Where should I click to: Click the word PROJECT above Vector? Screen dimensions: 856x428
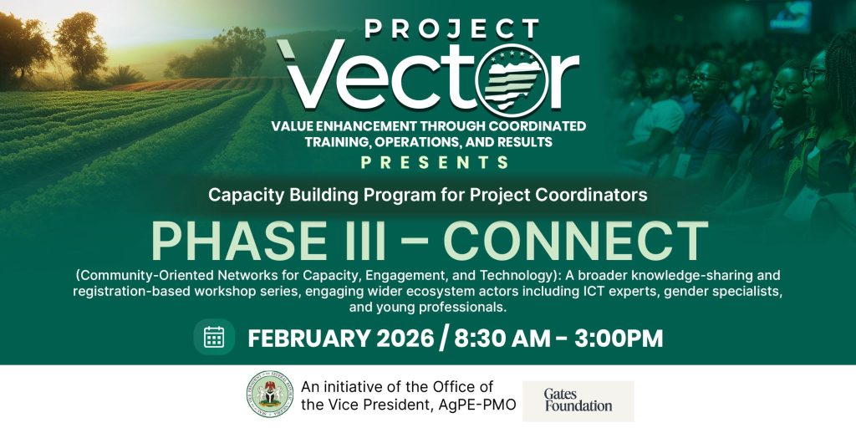coord(452,29)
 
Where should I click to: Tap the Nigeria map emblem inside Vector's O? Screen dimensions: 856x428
coord(512,80)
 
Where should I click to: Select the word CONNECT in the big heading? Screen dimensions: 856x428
coord(575,241)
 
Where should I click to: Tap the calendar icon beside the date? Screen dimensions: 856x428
coord(214,337)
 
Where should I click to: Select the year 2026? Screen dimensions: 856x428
coord(405,339)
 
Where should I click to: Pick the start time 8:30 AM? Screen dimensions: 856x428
coord(502,339)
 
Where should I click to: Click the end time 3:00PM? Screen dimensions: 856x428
coord(619,339)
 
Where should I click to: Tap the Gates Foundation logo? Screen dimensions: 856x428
coord(578,400)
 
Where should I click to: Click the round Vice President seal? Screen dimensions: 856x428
coord(270,395)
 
